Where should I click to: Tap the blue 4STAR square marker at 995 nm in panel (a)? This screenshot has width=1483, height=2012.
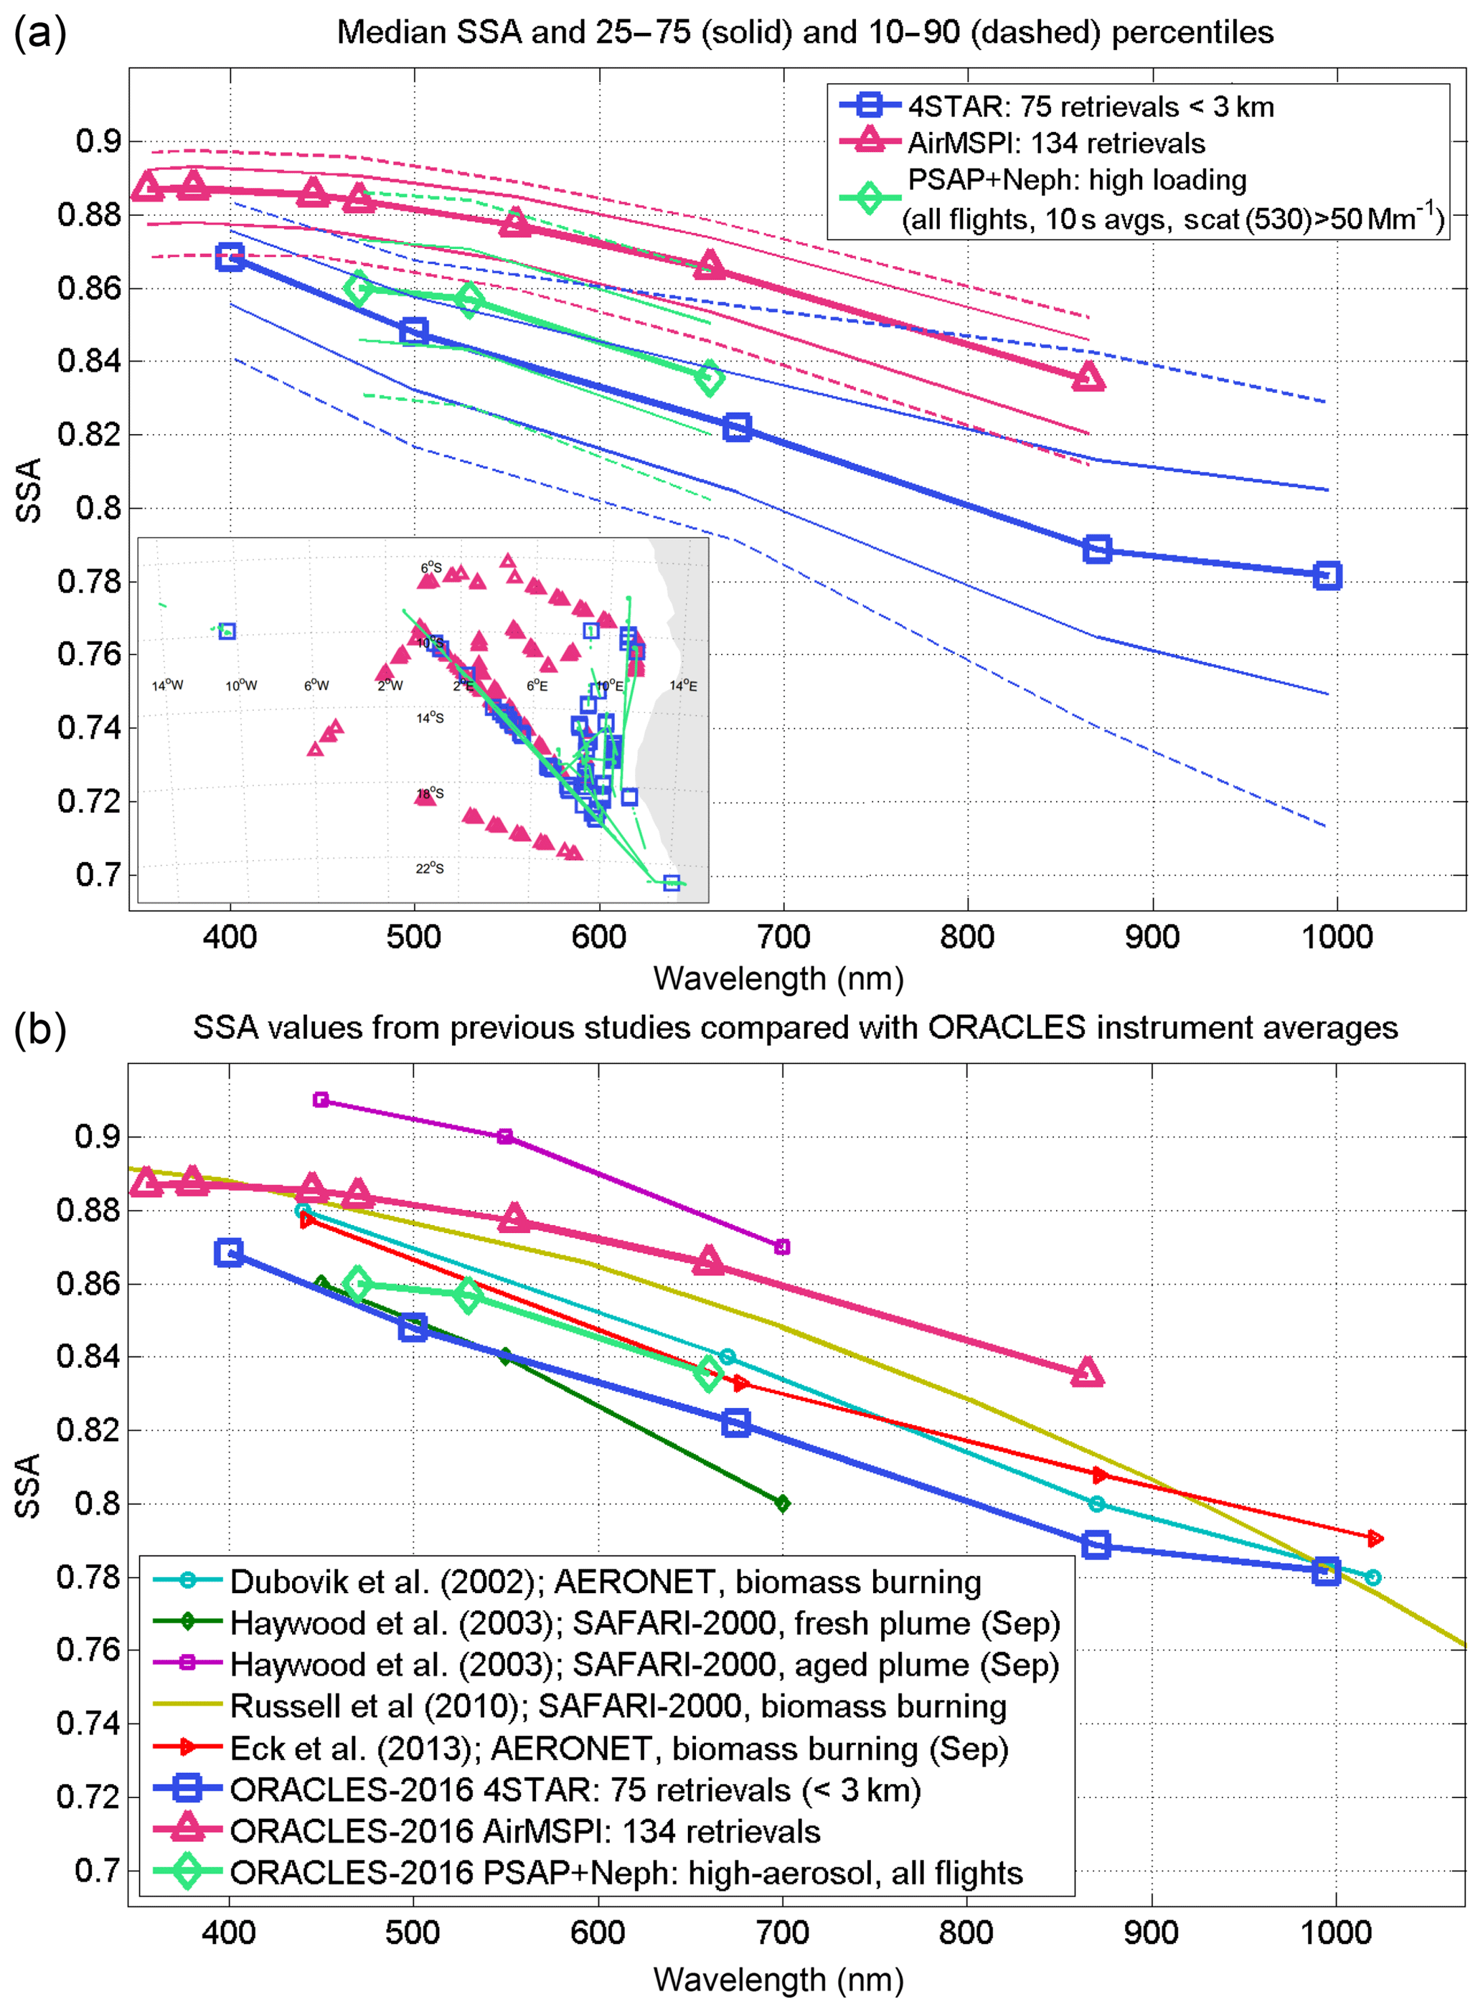click(1327, 575)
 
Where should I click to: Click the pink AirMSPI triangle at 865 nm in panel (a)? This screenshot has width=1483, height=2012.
click(1088, 378)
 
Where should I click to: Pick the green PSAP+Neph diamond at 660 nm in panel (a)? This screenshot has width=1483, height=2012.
click(709, 378)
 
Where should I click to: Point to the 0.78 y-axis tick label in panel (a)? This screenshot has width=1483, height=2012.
click(89, 582)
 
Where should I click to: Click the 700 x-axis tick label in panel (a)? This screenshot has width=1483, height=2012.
click(783, 937)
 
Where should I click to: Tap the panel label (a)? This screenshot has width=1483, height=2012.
click(39, 33)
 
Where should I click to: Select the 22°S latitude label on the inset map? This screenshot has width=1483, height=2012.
click(429, 868)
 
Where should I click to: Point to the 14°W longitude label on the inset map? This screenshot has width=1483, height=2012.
click(167, 686)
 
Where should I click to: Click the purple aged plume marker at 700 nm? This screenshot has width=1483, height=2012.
click(782, 1247)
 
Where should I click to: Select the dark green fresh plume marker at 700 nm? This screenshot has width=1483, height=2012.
click(782, 1503)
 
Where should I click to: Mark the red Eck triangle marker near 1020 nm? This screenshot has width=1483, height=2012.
click(1375, 1538)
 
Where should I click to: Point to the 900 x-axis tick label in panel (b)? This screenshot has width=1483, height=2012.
click(1151, 1932)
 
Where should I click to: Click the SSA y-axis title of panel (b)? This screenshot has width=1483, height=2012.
click(29, 1486)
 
